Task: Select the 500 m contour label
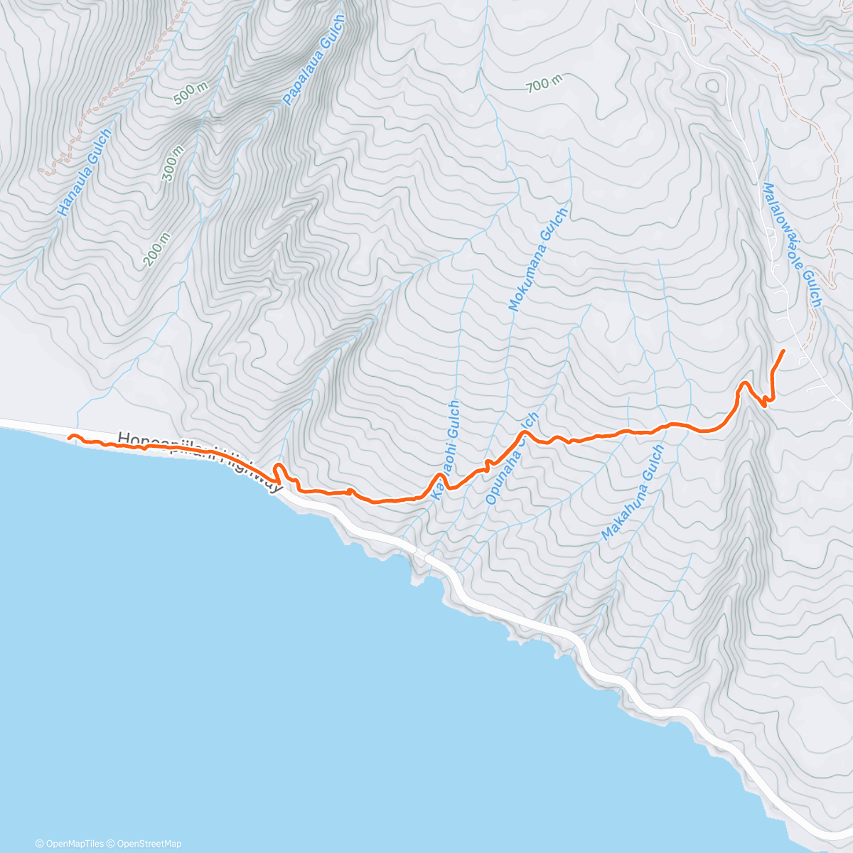tap(191, 93)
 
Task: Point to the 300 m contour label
tap(173, 163)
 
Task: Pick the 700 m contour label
tap(544, 84)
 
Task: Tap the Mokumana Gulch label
tap(538, 259)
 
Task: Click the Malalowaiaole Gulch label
tap(792, 245)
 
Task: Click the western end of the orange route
tap(69, 437)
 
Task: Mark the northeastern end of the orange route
tap(783, 351)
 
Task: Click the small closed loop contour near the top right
tap(711, 85)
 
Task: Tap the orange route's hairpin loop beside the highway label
tap(279, 472)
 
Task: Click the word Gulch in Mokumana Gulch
tap(553, 229)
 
